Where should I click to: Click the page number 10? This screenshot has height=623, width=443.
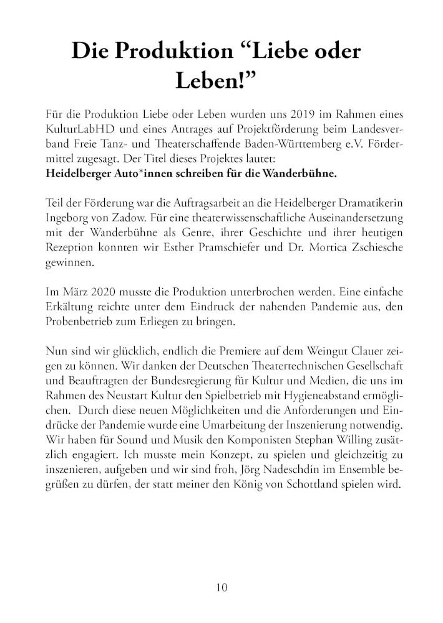pyautogui.click(x=221, y=586)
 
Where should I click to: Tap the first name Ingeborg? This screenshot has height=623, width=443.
pyautogui.click(x=68, y=217)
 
